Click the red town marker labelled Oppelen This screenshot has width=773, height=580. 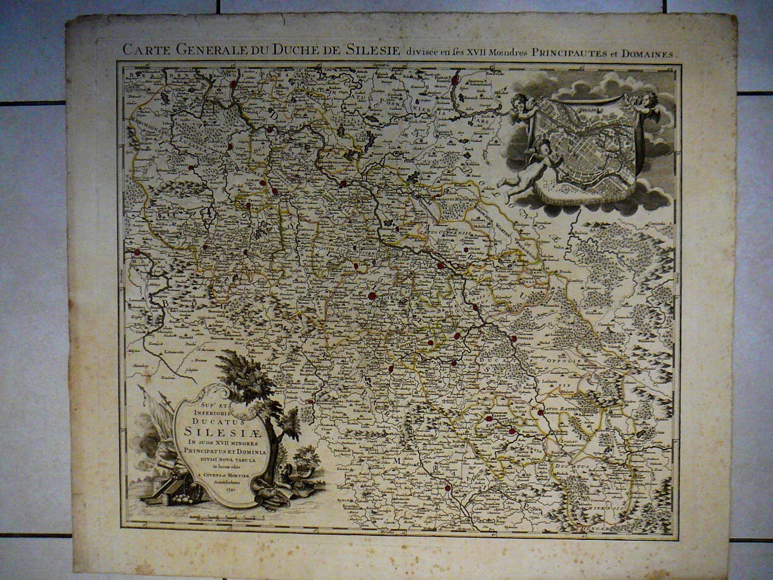[x=514, y=339]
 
